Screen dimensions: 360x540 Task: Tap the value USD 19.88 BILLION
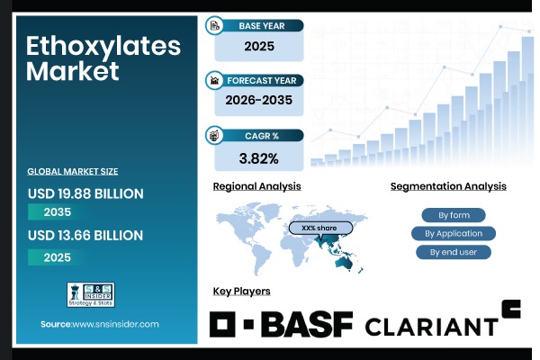coord(85,193)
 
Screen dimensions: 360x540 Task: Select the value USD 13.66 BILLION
coord(85,236)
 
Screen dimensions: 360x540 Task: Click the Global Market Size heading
coord(72,171)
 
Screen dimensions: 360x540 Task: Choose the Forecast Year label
coord(262,80)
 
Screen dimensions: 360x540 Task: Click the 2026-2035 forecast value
coord(257,102)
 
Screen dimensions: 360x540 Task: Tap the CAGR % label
coord(262,135)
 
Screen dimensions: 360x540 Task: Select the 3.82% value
coord(257,158)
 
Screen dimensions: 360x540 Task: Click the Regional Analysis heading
coord(256,186)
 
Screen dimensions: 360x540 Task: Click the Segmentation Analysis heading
coord(448,186)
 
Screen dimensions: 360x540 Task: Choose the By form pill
coord(453,215)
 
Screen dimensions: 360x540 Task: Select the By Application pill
coord(453,233)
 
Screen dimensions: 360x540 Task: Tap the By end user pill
coord(453,252)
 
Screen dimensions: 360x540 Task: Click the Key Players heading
coord(241,292)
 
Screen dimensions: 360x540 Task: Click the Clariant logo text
coord(431,326)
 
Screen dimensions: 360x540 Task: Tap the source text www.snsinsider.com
coord(100,323)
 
